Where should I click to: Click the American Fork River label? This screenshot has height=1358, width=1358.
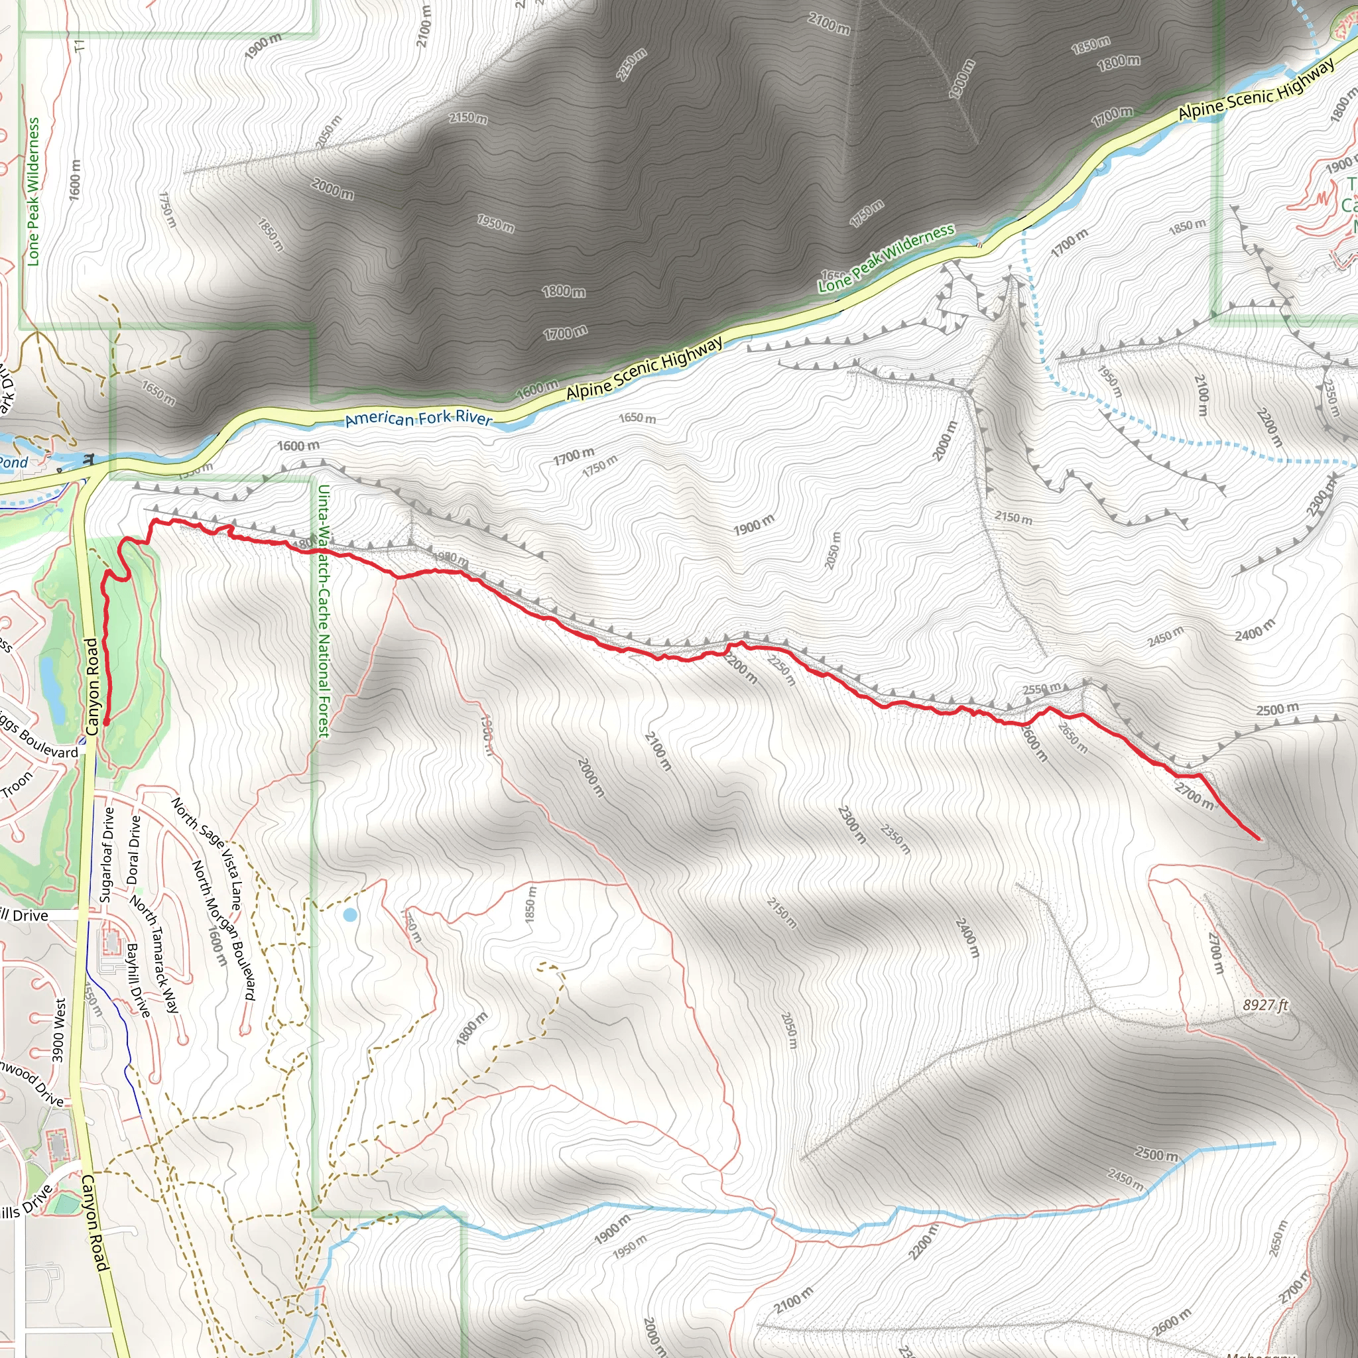click(419, 419)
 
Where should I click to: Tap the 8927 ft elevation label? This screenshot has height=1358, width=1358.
click(1265, 1005)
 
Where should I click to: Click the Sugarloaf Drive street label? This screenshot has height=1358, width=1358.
click(107, 855)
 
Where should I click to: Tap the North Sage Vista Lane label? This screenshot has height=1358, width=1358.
click(208, 853)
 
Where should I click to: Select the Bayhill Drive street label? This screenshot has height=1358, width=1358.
click(139, 981)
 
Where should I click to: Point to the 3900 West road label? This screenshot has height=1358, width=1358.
click(59, 1030)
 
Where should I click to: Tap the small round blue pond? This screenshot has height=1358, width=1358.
click(349, 914)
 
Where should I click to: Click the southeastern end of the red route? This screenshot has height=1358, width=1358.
click(1257, 839)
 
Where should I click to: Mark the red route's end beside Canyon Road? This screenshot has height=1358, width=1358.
click(106, 722)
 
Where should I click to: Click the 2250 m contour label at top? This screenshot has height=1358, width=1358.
click(631, 65)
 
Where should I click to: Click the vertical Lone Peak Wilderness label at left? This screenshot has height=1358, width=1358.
click(33, 191)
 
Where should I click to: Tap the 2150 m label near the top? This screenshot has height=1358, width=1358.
click(468, 117)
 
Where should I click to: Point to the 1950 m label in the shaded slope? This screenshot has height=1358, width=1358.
click(495, 223)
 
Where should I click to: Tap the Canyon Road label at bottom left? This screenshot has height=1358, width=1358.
click(95, 1223)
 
